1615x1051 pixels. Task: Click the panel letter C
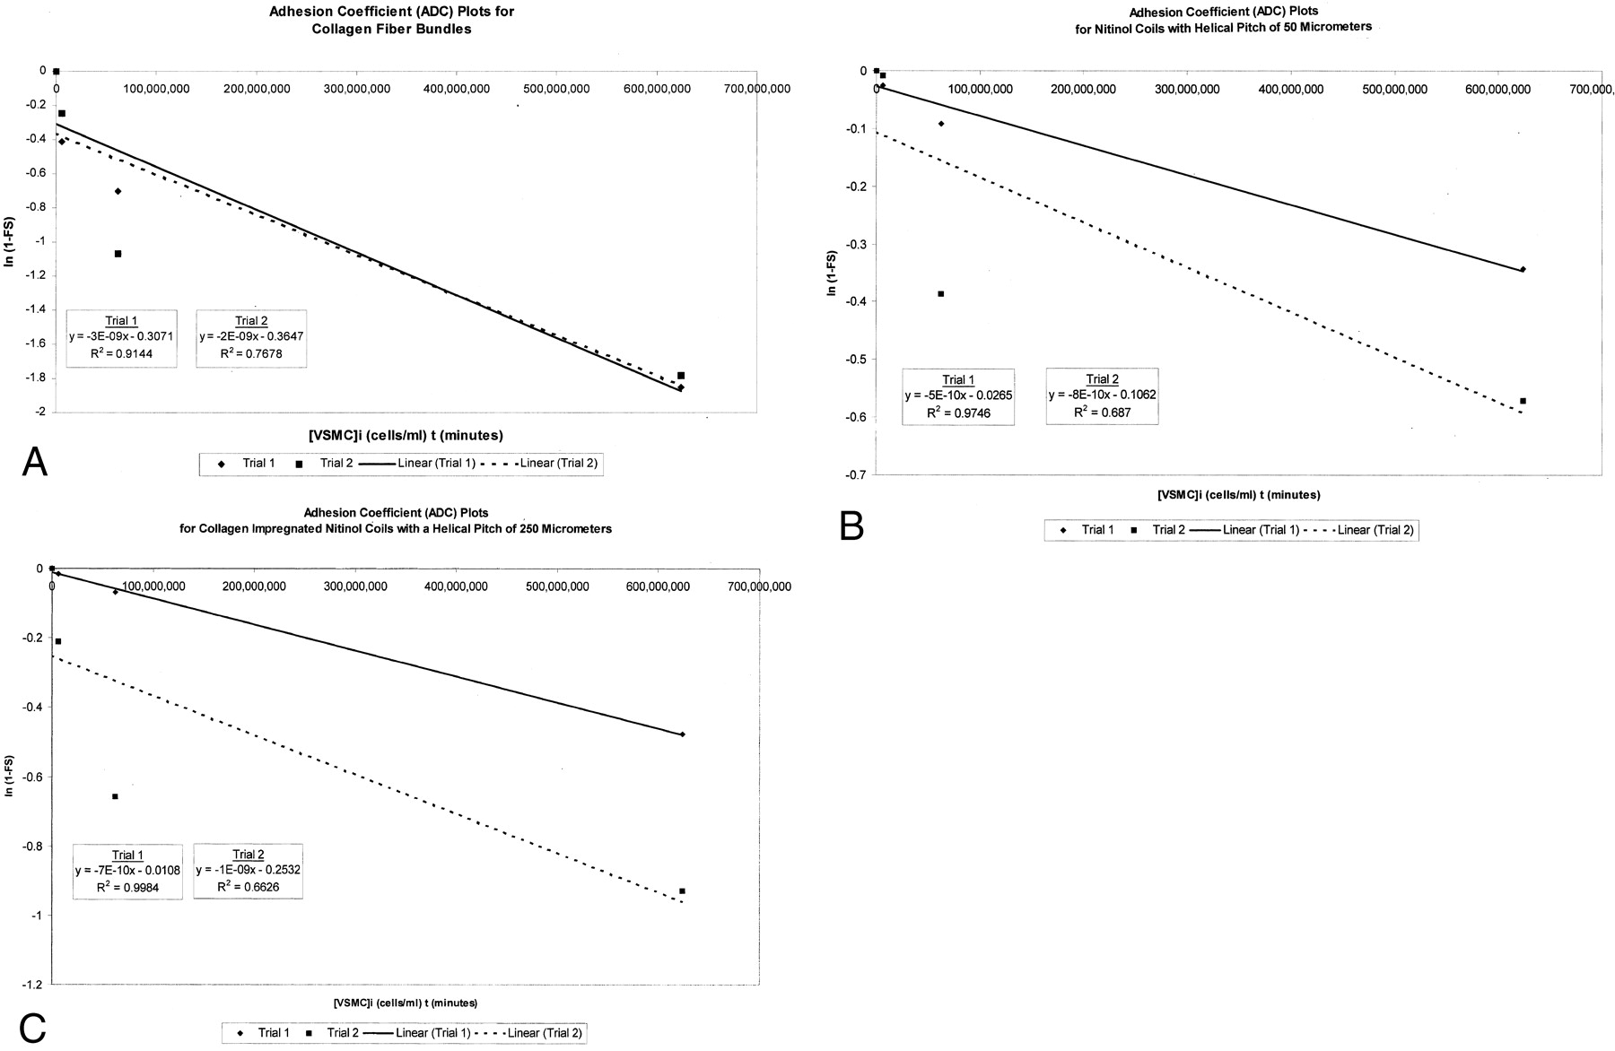[31, 1029]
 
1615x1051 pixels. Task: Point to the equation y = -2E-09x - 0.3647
[251, 337]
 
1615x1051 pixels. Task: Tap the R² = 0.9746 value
[958, 412]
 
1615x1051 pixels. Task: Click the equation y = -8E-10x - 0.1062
[1101, 395]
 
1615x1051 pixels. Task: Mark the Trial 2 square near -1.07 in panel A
[118, 254]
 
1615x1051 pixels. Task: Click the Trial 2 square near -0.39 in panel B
[940, 294]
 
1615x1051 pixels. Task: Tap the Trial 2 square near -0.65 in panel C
[115, 796]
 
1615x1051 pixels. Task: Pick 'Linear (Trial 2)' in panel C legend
[546, 1033]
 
